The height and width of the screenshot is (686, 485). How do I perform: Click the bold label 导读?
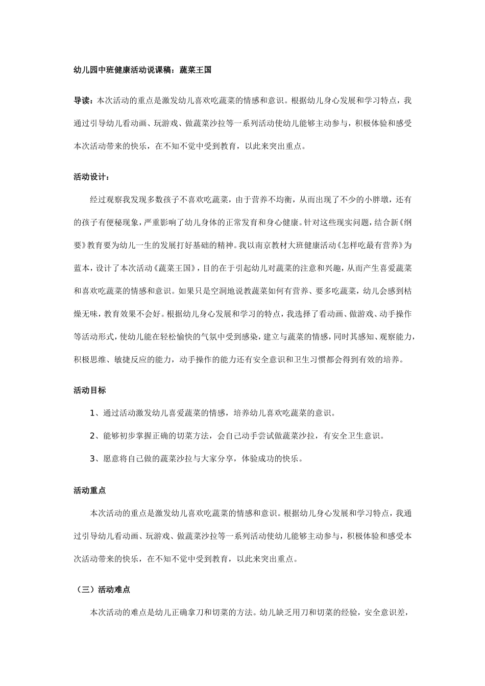tap(82, 101)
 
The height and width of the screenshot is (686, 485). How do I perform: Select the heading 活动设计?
tap(90, 177)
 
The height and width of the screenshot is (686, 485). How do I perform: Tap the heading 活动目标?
tap(90, 390)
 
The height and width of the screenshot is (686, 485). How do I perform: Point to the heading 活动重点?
tap(90, 491)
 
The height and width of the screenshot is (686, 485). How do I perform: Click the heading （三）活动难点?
tap(101, 590)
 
